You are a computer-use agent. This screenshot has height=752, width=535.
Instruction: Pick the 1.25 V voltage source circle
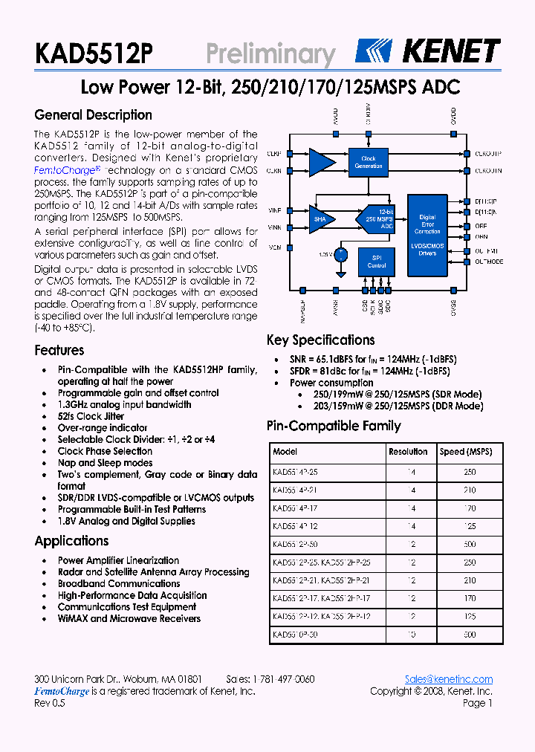tap(341, 255)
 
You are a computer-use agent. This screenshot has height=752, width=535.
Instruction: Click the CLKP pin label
tap(273, 155)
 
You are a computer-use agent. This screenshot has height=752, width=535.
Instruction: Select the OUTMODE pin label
tap(488, 262)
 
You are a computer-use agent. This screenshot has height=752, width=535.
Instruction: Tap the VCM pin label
tap(274, 247)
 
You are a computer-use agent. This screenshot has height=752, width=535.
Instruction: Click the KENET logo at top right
tap(427, 51)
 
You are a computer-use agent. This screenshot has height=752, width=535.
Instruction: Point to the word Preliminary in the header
tap(270, 54)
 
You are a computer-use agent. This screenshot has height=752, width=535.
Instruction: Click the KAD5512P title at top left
tap(94, 54)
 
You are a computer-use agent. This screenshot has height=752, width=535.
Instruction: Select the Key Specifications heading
tap(320, 340)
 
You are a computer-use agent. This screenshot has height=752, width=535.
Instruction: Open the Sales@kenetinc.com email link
tap(448, 679)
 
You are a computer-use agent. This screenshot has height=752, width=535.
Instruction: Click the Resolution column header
tap(408, 452)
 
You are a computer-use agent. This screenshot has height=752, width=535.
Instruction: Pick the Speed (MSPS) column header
tap(465, 452)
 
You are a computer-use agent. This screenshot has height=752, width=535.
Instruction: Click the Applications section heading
tap(71, 541)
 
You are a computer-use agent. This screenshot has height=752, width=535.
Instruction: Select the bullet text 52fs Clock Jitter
tap(91, 416)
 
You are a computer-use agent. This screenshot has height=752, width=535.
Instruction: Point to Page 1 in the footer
tap(477, 703)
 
